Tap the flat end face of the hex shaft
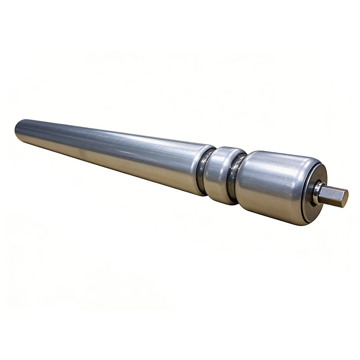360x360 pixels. [344, 198]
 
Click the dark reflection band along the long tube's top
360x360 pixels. [108, 136]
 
